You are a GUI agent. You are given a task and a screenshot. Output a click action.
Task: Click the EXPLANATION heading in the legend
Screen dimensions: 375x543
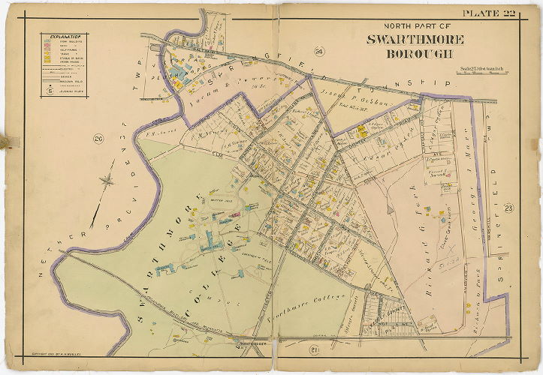point(62,35)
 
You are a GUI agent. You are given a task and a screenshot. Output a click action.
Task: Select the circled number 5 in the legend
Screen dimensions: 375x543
point(49,91)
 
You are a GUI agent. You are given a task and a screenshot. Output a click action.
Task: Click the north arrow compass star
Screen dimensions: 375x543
point(108,180)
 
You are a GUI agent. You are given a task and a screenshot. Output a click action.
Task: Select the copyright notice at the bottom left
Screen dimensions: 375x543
point(54,352)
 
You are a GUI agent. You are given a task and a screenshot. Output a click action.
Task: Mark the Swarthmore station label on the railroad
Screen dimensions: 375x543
point(248,344)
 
